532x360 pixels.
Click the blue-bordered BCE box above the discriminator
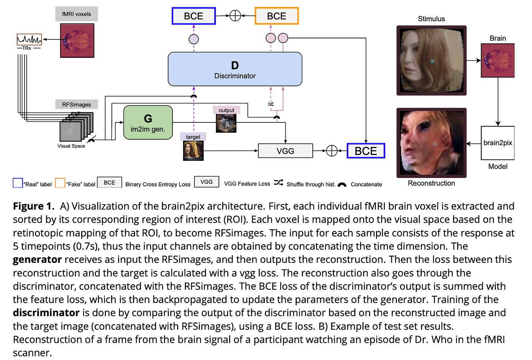194,16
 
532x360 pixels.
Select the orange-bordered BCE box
277,16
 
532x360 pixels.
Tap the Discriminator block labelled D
235,69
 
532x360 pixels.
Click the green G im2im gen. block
148,122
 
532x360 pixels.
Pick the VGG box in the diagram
285,151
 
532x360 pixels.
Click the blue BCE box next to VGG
366,151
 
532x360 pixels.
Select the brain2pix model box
498,143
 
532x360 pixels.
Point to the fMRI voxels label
77,14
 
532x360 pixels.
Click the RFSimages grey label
76,105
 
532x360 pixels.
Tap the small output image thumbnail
226,123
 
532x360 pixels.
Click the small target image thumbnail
193,151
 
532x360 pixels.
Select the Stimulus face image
432,60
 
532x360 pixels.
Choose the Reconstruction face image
432,143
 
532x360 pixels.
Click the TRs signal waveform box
29,39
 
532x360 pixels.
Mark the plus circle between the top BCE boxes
235,16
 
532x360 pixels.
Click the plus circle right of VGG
331,151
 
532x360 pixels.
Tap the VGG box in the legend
206,182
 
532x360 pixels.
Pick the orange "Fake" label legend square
60,183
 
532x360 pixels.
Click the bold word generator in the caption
37,259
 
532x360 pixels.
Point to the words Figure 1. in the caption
34,206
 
